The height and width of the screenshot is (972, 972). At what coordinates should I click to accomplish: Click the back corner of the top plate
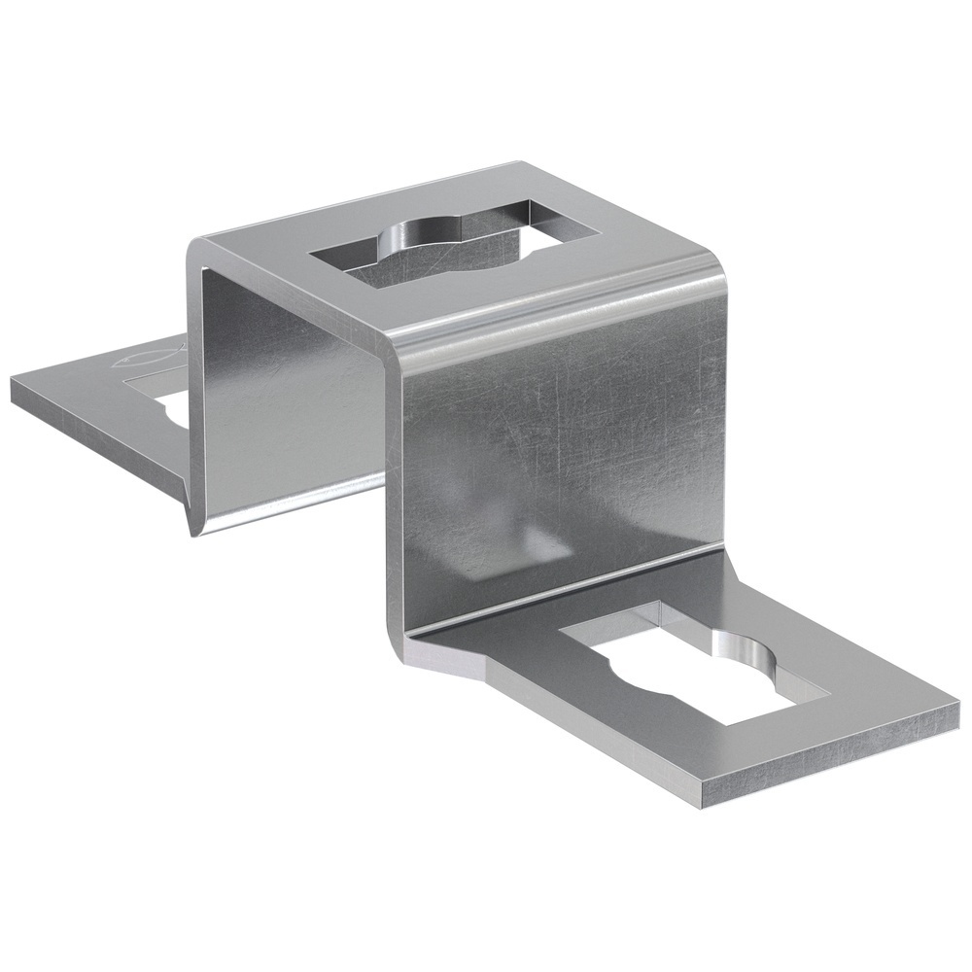(520, 163)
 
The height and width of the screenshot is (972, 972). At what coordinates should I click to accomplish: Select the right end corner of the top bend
(724, 277)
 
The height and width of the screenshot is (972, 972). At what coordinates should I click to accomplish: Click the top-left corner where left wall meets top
(194, 243)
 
